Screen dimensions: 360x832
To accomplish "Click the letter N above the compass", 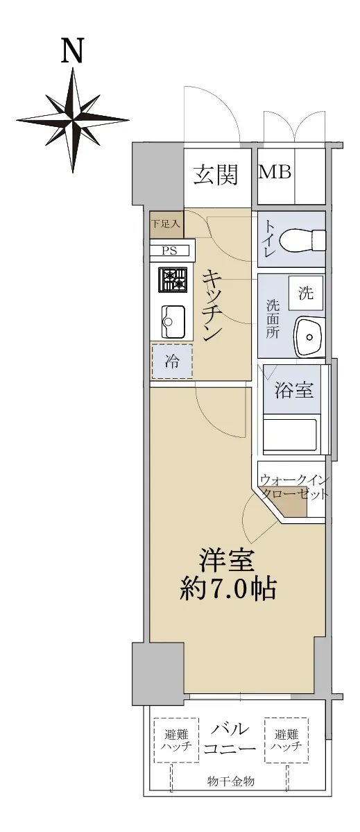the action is click(x=73, y=52).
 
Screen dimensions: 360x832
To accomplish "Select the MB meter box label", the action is click(x=275, y=172).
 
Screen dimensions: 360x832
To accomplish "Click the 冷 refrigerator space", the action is click(x=172, y=362).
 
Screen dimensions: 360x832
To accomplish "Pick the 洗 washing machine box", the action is click(x=306, y=293).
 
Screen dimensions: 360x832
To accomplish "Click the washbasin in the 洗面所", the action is click(x=309, y=337).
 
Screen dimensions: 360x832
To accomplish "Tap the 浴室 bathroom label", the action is click(x=293, y=391).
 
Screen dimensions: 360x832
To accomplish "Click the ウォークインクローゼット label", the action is click(x=293, y=487).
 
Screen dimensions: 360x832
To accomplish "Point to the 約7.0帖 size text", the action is click(x=228, y=590).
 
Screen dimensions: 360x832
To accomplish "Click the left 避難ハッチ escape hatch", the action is click(x=177, y=740).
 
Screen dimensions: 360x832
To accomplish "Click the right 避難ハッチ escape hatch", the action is click(x=286, y=740).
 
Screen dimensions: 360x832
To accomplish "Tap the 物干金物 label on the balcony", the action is click(x=231, y=781).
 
